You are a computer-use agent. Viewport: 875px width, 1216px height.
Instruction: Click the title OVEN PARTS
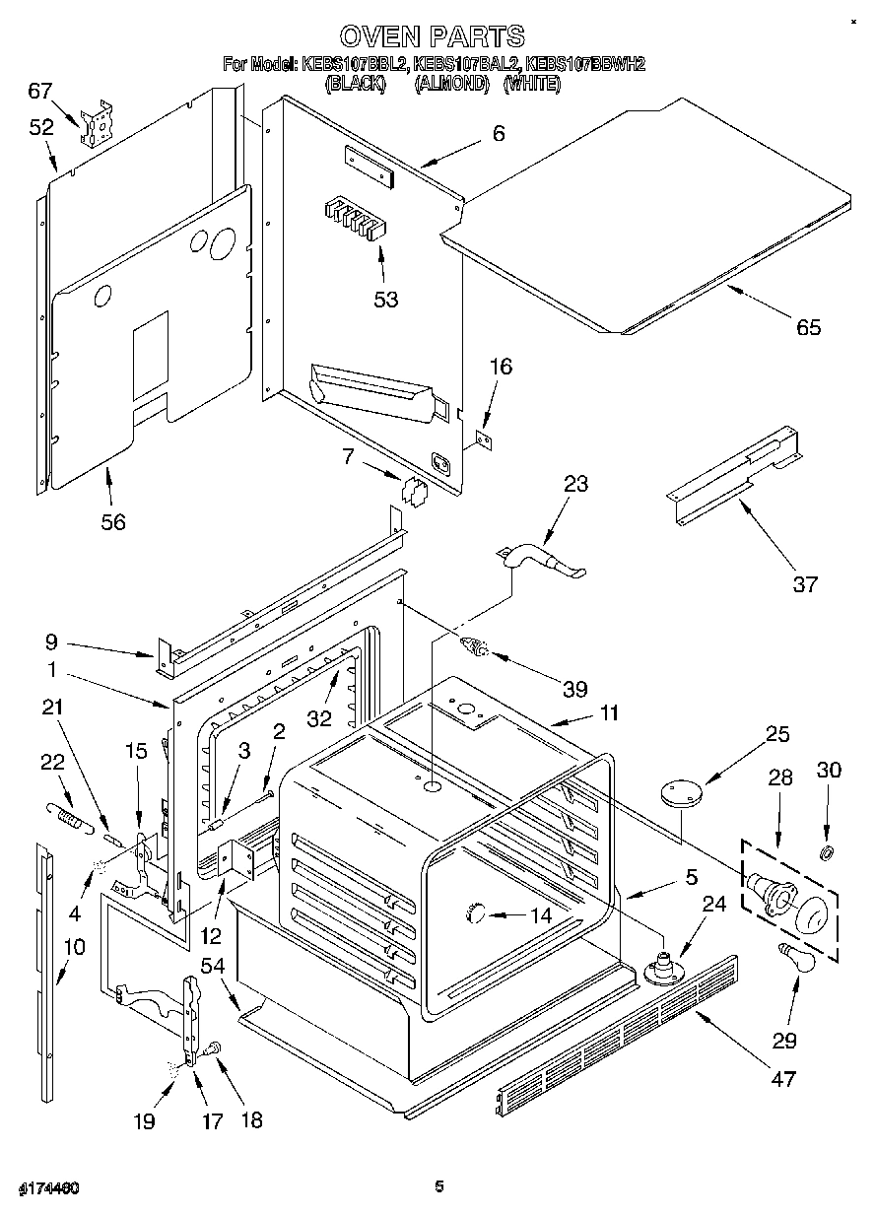click(x=432, y=36)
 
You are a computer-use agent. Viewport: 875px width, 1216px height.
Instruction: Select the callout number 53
click(x=385, y=299)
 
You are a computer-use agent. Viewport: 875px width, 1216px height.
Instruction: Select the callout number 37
click(x=805, y=583)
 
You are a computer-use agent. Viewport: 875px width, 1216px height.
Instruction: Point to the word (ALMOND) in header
click(x=452, y=85)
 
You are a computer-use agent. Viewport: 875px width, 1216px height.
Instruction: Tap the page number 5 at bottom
click(x=439, y=1185)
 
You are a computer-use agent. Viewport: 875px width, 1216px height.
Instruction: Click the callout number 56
click(x=113, y=521)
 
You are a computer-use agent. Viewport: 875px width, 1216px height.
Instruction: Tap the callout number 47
click(x=781, y=1078)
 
